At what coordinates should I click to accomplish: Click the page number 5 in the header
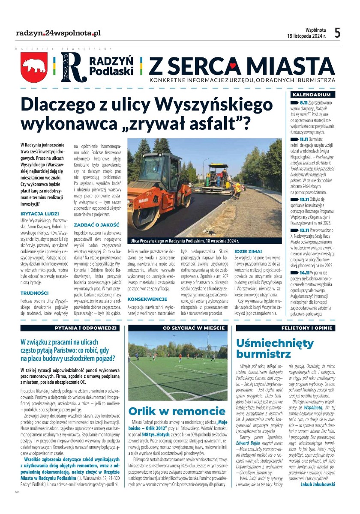pyautogui.click(x=337, y=33)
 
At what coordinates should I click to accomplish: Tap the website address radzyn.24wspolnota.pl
pyautogui.click(x=58, y=33)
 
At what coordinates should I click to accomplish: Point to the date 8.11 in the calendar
pyautogui.click(x=304, y=104)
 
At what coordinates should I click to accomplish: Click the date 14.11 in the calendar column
pyautogui.click(x=305, y=272)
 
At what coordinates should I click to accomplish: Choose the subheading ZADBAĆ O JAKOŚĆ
pyautogui.click(x=96, y=224)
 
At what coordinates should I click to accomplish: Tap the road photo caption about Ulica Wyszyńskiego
pyautogui.click(x=185, y=242)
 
